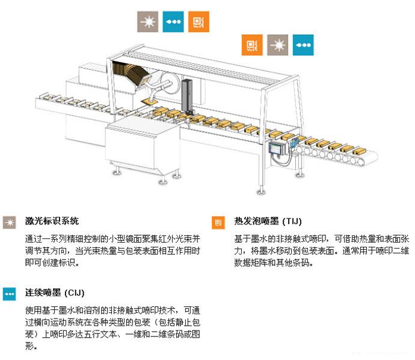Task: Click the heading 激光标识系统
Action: [52, 221]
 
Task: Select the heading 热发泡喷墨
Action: [256, 221]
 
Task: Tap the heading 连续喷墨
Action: [43, 293]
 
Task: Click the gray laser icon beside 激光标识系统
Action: [10, 222]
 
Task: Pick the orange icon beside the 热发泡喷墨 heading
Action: [218, 222]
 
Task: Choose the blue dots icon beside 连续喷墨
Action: [10, 294]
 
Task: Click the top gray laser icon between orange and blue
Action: [278, 45]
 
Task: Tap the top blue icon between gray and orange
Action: [173, 22]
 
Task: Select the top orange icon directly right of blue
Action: [198, 22]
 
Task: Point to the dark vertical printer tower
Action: [187, 95]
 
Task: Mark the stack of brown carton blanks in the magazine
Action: [130, 73]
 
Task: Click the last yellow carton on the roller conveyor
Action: [359, 151]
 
